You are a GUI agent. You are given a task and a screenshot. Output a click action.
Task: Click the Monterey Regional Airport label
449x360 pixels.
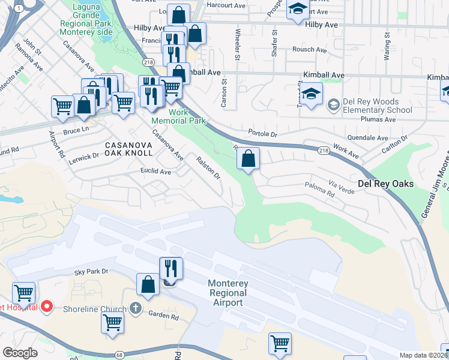[228, 293]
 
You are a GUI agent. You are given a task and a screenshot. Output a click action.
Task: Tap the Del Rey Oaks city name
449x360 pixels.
[385, 184]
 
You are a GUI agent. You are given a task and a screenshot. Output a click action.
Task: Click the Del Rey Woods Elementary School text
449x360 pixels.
[378, 106]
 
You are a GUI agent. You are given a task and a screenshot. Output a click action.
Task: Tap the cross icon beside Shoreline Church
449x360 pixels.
[136, 308]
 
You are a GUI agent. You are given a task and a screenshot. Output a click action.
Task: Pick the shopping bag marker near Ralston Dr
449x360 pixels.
[248, 159]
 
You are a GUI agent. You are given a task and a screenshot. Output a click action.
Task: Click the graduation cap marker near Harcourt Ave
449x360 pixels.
[298, 10]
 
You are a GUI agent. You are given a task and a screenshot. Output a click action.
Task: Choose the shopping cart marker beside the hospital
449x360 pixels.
[23, 293]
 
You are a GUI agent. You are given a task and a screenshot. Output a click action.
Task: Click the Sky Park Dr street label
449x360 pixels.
[91, 272]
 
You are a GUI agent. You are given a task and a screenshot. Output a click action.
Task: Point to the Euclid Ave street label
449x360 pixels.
[156, 172]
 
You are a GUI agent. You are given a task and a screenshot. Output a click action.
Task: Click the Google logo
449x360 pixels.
[20, 353]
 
